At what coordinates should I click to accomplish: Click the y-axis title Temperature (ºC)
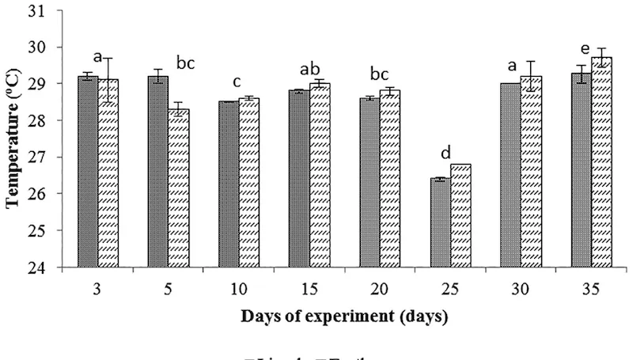coord(14,142)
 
